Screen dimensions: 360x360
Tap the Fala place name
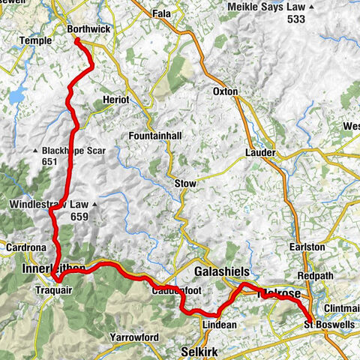click(x=161, y=13)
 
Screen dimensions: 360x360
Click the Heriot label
click(x=116, y=100)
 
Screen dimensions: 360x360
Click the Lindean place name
click(x=220, y=325)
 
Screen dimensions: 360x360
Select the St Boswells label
click(x=329, y=325)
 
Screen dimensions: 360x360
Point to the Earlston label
click(x=310, y=246)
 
